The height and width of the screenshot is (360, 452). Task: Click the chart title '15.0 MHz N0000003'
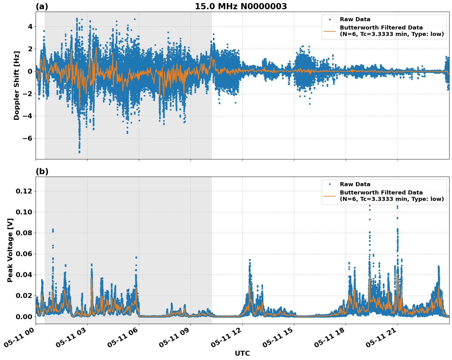241,6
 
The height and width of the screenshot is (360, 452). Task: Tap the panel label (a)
42,6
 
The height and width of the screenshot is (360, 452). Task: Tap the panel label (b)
42,171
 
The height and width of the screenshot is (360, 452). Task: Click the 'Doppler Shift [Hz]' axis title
17,85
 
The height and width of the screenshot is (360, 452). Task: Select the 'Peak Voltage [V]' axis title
10,250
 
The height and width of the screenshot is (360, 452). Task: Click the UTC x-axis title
242,353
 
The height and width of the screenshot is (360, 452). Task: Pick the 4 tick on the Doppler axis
30,27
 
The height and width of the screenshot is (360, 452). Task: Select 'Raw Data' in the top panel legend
355,20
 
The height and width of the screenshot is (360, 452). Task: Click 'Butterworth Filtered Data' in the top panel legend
381,28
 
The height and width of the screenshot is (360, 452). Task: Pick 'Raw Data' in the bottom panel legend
355,184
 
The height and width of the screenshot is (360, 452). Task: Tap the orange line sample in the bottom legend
330,196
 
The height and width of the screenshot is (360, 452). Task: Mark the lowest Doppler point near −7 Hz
79,152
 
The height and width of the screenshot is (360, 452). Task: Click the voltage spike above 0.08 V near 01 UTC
53,229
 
